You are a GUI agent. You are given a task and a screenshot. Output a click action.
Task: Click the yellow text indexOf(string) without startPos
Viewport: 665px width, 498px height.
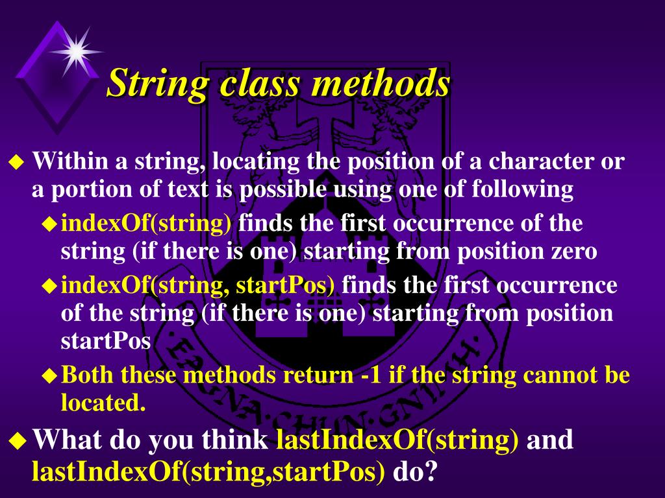pyautogui.click(x=146, y=224)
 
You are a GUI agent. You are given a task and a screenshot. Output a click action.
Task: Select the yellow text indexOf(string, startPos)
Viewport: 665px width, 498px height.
pyautogui.click(x=198, y=285)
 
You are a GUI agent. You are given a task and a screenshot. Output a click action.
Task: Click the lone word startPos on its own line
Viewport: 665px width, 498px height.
pyautogui.click(x=106, y=342)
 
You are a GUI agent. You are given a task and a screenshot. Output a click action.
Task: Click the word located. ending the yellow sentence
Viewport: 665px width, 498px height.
pyautogui.click(x=103, y=403)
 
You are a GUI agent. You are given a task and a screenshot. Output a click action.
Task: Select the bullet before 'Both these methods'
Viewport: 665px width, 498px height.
pyautogui.click(x=49, y=375)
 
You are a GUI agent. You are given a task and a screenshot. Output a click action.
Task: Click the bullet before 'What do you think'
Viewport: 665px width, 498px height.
pyautogui.click(x=19, y=442)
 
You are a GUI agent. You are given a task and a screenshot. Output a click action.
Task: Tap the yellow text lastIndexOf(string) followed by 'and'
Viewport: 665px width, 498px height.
pyautogui.click(x=397, y=440)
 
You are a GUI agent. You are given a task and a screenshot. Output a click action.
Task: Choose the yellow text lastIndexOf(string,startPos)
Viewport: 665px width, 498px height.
pyautogui.click(x=208, y=472)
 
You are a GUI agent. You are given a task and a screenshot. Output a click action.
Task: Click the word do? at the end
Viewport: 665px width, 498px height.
pyautogui.click(x=412, y=472)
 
